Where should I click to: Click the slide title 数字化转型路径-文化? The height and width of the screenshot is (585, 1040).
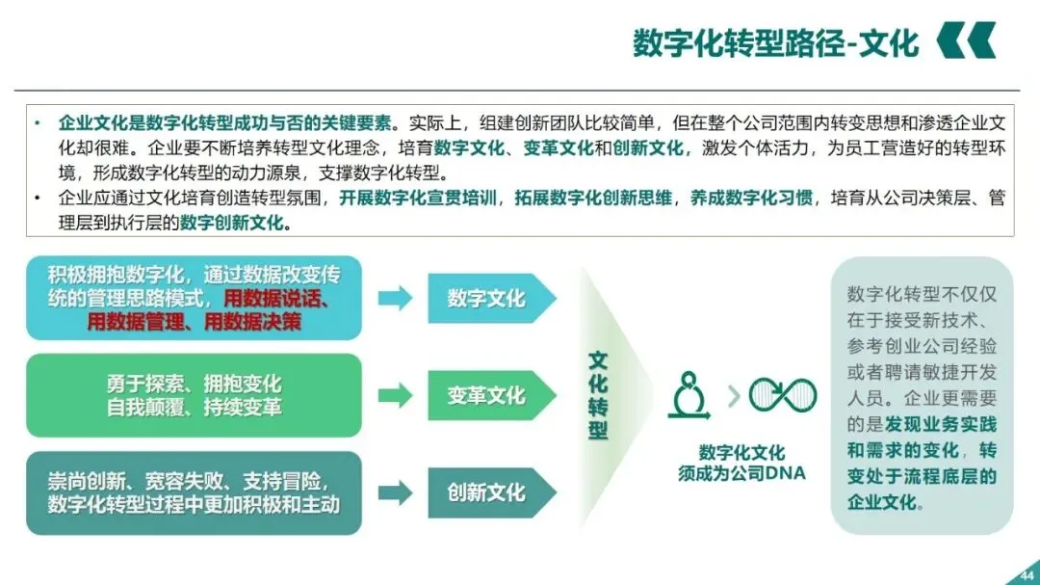[775, 42]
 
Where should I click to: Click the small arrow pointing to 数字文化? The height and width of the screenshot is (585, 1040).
[395, 298]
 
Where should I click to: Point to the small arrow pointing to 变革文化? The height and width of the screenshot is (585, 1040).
[395, 395]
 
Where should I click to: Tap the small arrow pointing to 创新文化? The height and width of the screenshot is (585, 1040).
[395, 492]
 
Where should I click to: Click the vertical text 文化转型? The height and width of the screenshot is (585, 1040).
[598, 395]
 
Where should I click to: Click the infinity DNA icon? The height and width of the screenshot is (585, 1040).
[782, 394]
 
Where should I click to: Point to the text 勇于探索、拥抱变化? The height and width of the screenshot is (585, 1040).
[194, 384]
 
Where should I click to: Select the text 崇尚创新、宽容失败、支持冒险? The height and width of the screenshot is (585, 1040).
[194, 480]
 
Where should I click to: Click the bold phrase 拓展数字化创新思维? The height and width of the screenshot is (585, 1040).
[597, 199]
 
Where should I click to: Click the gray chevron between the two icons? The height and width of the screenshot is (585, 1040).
[735, 395]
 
